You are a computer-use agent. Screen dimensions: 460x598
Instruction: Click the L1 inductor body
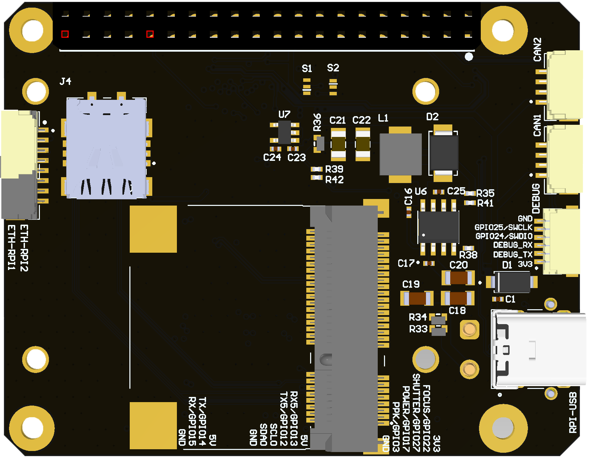400,154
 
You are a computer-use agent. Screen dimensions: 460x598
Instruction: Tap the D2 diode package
443,153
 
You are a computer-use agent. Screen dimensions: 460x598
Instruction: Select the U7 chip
284,132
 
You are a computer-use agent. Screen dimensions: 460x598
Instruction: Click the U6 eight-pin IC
438,227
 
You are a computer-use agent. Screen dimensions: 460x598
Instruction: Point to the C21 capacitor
338,144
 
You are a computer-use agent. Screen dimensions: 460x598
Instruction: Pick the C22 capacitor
363,144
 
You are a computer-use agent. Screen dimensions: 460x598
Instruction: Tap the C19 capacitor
417,298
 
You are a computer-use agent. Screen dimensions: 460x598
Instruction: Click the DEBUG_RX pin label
513,245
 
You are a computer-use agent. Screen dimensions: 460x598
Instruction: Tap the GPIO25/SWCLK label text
503,227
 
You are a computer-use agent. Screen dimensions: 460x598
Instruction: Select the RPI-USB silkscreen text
573,413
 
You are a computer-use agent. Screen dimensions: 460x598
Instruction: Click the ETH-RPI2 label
24,248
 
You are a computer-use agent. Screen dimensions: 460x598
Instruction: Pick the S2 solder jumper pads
333,87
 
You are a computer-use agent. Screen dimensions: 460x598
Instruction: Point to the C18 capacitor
458,298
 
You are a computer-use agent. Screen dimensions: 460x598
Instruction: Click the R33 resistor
438,331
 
